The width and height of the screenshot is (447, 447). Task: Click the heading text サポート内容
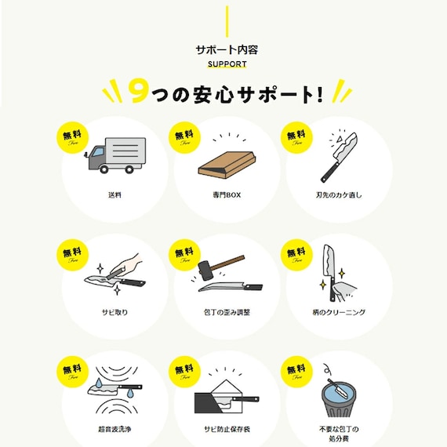point(226,49)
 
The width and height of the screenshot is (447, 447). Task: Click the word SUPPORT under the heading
point(226,64)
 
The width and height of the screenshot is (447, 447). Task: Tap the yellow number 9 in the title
point(138,93)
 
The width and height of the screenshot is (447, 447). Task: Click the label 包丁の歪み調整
point(226,312)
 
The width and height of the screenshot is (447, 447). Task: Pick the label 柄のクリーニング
point(338,312)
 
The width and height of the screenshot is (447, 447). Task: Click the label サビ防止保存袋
point(226,430)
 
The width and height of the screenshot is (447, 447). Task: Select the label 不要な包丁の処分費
point(338,433)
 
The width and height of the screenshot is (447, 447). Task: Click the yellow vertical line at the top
point(226,20)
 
